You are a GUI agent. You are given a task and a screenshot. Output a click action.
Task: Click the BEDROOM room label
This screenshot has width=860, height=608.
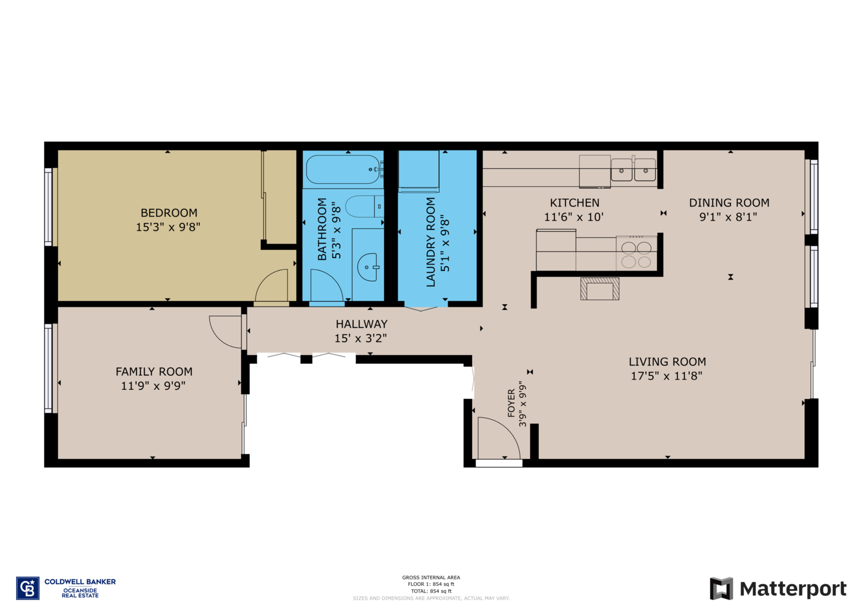tap(169, 212)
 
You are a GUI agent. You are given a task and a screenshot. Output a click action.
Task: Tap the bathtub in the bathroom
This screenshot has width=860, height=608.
tap(343, 169)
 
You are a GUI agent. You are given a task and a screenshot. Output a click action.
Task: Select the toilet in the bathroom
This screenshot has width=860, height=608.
tap(364, 206)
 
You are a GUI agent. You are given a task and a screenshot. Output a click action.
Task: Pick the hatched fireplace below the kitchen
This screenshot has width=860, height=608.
tap(600, 289)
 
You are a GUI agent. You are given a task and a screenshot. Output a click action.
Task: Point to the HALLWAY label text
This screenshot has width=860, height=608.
tap(362, 324)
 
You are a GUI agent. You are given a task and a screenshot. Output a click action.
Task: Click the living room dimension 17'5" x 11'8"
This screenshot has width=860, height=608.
tap(666, 376)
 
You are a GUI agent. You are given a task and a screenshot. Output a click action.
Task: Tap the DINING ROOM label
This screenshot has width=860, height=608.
tap(729, 203)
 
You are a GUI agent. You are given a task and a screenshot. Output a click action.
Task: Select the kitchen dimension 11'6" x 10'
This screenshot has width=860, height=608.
tap(574, 217)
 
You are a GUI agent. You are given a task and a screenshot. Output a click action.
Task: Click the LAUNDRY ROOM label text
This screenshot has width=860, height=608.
tap(431, 242)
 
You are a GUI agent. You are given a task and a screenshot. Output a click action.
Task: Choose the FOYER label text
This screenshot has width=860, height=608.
tap(511, 403)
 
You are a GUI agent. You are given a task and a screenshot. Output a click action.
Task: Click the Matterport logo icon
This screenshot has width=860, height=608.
tap(721, 588)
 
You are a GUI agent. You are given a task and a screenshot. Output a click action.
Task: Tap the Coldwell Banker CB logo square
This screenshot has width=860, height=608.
tap(27, 588)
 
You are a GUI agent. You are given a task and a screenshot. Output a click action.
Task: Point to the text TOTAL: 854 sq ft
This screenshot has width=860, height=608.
tap(431, 591)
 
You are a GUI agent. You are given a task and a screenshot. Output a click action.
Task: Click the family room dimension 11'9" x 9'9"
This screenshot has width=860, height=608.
tap(153, 385)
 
